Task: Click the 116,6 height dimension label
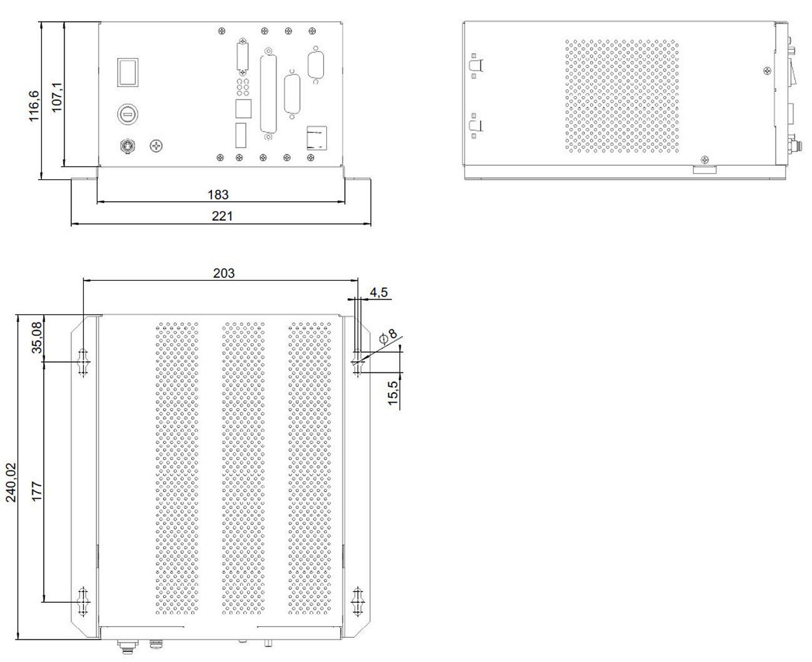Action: [x=34, y=106]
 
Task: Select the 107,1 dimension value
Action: [x=57, y=97]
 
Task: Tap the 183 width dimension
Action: [x=218, y=195]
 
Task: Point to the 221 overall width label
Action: [x=222, y=216]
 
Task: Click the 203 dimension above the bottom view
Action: [x=224, y=273]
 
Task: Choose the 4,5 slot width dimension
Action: [x=378, y=292]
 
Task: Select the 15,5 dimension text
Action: [x=393, y=393]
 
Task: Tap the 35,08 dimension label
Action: [x=37, y=337]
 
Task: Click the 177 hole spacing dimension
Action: [x=37, y=492]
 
